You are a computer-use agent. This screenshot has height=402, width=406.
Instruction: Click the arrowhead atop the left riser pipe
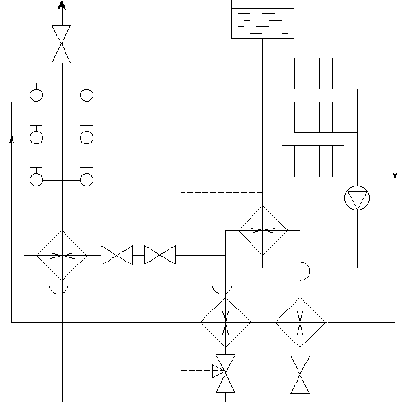coord(62,5)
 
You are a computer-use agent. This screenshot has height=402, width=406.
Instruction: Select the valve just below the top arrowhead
coord(62,44)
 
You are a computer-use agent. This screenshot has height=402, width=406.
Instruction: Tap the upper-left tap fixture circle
coord(36,95)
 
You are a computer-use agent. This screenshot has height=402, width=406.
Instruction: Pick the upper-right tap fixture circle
coord(87,95)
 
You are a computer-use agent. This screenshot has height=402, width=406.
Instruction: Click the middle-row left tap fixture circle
coord(36,137)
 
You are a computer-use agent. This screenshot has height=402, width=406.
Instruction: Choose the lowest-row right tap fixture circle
coord(87,179)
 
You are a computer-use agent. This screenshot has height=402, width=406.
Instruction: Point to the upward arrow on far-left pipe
coord(12,139)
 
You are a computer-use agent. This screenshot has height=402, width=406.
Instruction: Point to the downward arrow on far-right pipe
coord(395,175)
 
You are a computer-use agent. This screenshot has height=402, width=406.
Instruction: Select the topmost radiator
coord(313,73)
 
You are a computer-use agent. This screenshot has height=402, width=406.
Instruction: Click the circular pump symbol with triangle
coord(357,199)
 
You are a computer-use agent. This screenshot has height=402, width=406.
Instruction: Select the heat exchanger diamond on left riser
coord(62,255)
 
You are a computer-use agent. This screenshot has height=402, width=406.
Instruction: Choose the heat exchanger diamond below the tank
coord(263,231)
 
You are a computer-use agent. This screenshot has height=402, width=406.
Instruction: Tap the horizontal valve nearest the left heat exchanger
coord(117,255)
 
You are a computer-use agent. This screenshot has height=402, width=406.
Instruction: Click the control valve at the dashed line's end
coord(225,374)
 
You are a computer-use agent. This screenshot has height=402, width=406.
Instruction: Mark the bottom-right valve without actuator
coord(300,374)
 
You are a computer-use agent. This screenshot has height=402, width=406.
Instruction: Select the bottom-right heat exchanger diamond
coord(300,323)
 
